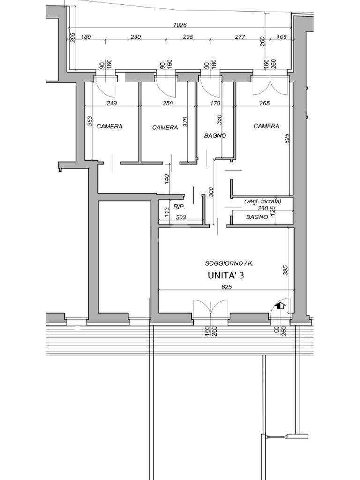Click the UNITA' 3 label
225,276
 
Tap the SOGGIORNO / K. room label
225,263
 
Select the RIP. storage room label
179,207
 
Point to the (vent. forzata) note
262,201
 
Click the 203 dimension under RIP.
180,217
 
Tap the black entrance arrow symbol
281,306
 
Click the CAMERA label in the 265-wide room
266,126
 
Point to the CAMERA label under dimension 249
109,127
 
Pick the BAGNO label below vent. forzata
257,217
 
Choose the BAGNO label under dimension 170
215,135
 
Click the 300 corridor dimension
211,191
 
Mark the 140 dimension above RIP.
166,179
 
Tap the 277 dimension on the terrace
240,37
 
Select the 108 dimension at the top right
282,37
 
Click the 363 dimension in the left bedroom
90,121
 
